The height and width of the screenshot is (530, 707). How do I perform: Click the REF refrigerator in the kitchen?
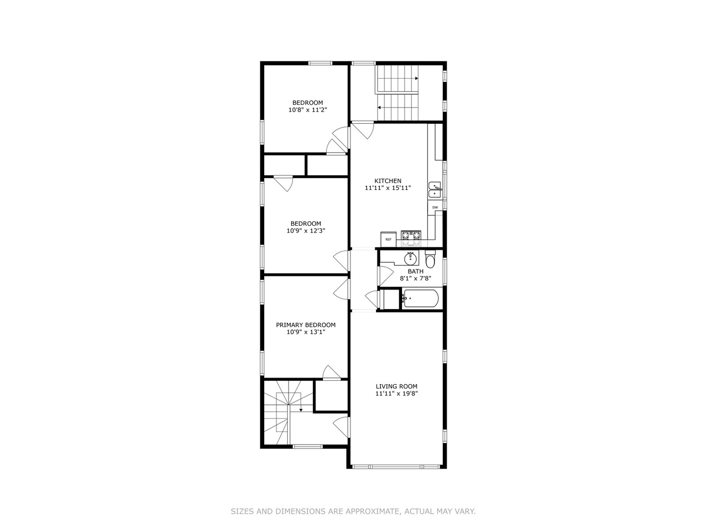(x=388, y=239)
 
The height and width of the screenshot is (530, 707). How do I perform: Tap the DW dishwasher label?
(x=435, y=208)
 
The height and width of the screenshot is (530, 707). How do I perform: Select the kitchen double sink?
(x=435, y=190)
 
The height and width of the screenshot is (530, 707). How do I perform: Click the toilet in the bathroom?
(x=430, y=260)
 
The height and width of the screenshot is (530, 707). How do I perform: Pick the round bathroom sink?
(x=410, y=258)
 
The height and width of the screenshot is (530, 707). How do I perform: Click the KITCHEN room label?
(x=388, y=181)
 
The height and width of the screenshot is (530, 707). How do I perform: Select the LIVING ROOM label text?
(x=397, y=387)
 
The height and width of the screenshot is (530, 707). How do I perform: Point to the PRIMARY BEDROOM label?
(x=306, y=325)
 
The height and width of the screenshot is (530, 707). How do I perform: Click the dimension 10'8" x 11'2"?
(x=308, y=110)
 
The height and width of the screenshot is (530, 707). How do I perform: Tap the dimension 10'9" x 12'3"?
(x=306, y=231)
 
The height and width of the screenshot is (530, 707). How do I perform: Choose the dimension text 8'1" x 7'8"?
(x=415, y=278)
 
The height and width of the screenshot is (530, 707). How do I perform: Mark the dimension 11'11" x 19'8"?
(x=397, y=394)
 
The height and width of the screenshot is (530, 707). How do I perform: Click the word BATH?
(x=415, y=271)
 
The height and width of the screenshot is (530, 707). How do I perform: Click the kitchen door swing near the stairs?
(x=363, y=130)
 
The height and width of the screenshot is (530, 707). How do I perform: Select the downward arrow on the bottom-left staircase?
(x=300, y=409)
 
